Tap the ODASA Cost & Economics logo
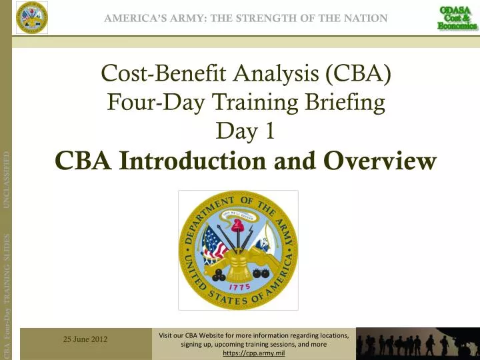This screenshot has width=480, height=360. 457,17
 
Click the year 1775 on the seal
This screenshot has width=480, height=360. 237,283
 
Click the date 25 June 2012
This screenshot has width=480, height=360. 86,340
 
